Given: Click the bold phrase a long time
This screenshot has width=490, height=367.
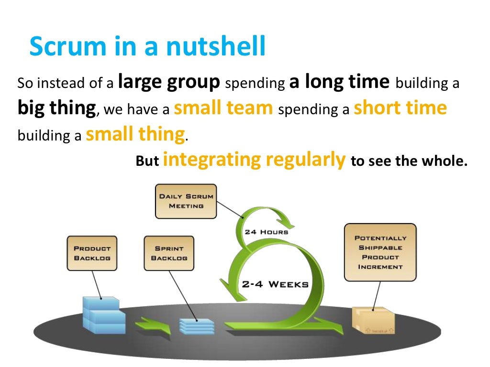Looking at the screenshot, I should click(339, 82).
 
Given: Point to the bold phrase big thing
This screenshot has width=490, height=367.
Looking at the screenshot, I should click(56, 108).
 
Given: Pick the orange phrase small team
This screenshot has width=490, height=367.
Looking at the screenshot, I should click(223, 108).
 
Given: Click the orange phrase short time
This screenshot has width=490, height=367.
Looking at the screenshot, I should click(400, 108).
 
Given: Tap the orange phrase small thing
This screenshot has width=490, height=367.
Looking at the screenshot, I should click(135, 134).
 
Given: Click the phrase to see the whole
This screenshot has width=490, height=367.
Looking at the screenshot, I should click(409, 162).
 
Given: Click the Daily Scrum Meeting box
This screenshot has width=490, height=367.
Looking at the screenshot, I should click(186, 201).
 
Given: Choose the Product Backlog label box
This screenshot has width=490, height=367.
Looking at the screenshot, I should click(92, 253).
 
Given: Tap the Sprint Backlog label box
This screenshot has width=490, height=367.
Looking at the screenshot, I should click(169, 253).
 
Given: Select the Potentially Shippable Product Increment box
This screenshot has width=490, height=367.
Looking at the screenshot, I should click(380, 252).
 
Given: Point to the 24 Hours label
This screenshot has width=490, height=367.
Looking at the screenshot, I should click(266, 232).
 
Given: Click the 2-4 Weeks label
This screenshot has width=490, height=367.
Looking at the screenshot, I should click(274, 284).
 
